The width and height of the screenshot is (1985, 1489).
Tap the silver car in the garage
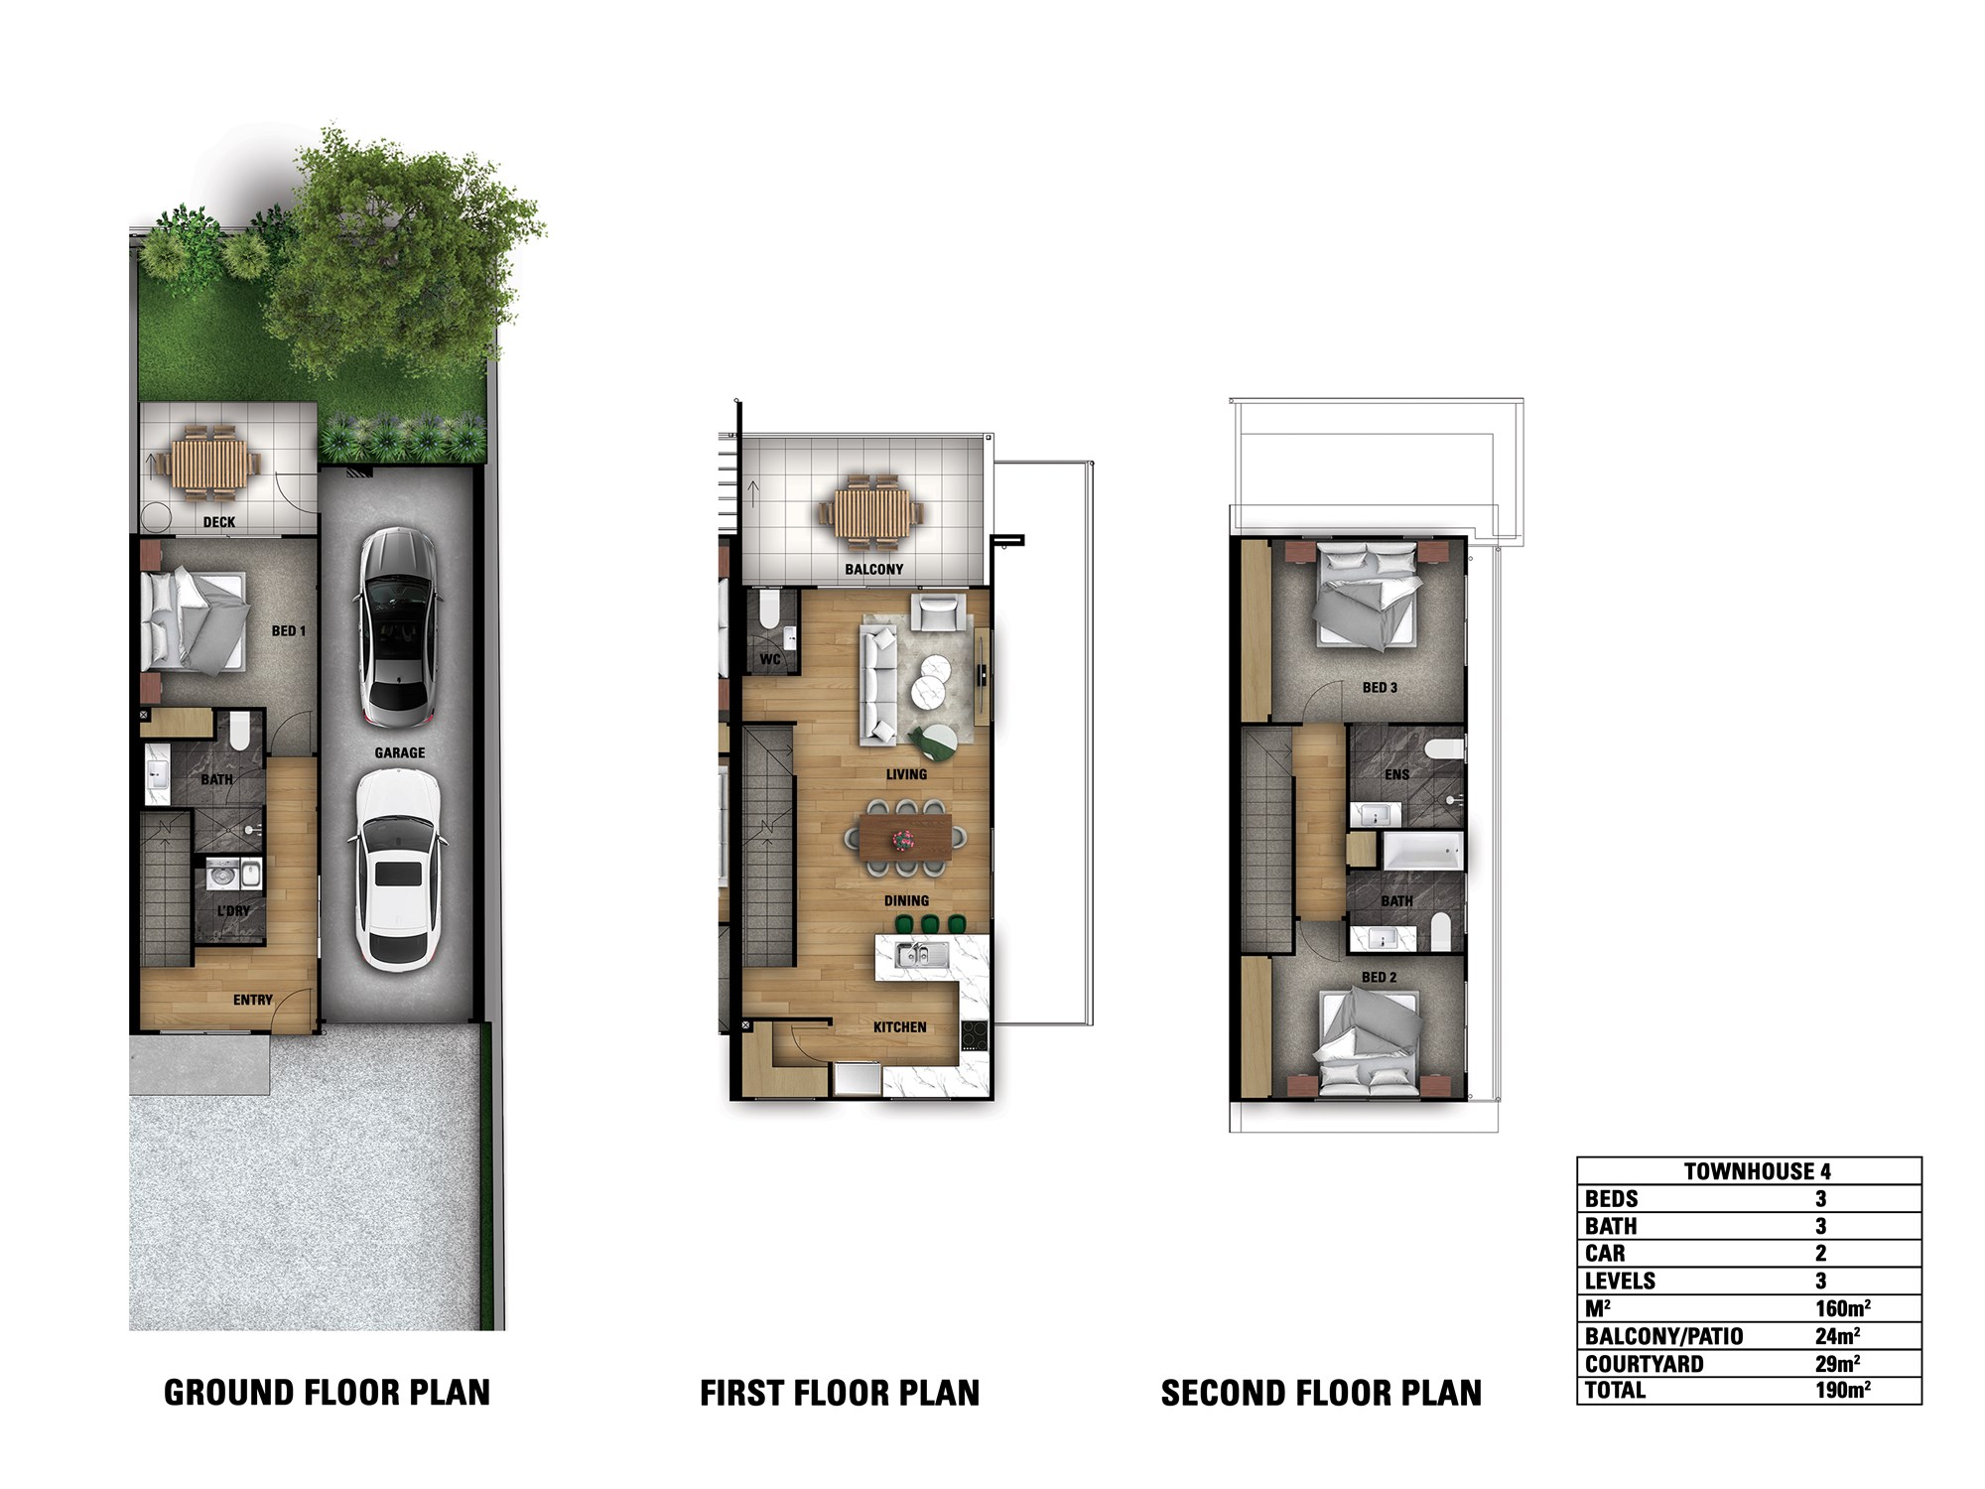[x=396, y=628]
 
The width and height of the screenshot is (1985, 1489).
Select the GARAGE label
[x=400, y=753]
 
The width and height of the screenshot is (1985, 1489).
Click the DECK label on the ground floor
[x=219, y=522]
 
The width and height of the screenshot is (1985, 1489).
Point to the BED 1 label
[x=289, y=631]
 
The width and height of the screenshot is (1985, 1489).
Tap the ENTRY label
[x=253, y=1000]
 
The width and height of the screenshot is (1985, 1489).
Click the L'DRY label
[x=234, y=911]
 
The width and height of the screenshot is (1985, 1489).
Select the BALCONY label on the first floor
[x=874, y=570]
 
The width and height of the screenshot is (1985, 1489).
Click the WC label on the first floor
[x=770, y=659]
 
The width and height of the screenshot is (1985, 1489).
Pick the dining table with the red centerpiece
[x=904, y=839]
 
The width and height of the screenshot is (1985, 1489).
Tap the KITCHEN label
[x=900, y=1027]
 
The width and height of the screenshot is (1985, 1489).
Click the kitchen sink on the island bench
[x=921, y=956]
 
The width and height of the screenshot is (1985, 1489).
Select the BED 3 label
[x=1380, y=688]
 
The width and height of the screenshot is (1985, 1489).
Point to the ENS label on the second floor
[x=1396, y=775]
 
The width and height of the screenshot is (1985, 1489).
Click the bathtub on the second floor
[x=1422, y=852]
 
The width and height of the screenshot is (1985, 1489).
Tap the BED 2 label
[x=1379, y=978]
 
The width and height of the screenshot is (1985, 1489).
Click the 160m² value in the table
[x=1843, y=1308]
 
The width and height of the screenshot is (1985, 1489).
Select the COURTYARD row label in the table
[x=1645, y=1364]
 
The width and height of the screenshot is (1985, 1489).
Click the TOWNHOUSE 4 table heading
[x=1758, y=1171]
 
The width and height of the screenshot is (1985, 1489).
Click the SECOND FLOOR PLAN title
[x=1321, y=1394]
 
